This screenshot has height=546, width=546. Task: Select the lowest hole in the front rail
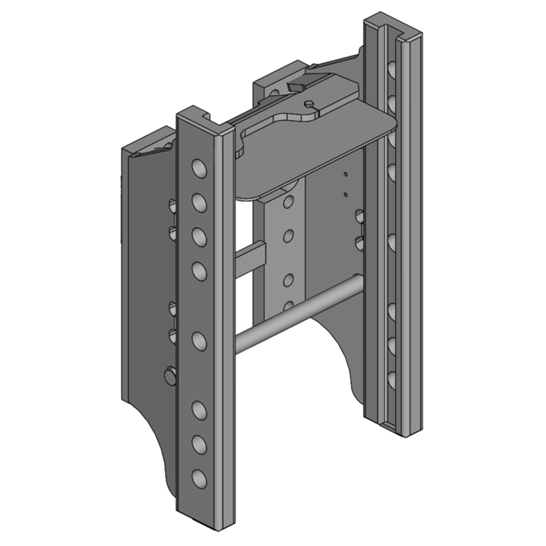(x=199, y=477)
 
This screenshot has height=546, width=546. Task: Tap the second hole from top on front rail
(x=199, y=202)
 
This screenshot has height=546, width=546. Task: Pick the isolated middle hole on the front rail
(x=199, y=340)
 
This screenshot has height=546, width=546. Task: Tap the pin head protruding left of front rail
(x=170, y=375)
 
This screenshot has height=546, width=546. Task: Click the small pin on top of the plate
(x=311, y=104)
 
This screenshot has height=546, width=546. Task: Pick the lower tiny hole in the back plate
(x=346, y=195)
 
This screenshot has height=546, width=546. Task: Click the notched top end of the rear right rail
(x=392, y=24)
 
